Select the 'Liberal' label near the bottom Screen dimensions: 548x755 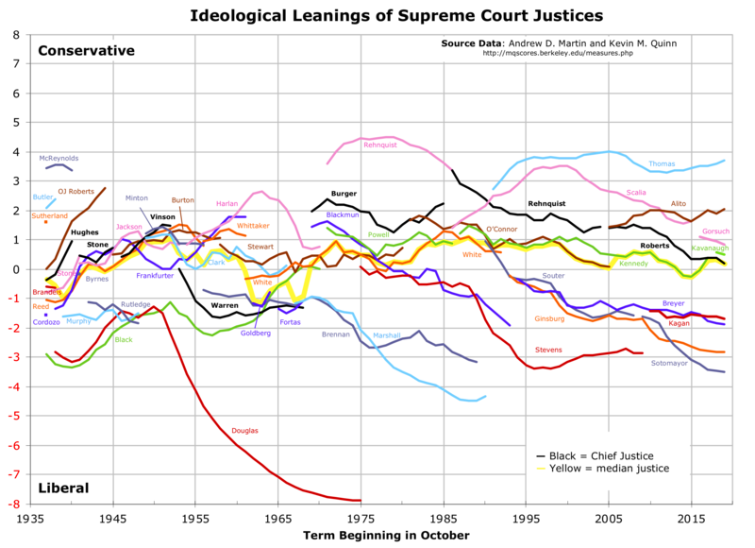[x=63, y=488]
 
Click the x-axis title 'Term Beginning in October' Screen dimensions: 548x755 [x=386, y=535]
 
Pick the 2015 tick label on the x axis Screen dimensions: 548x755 [x=692, y=518]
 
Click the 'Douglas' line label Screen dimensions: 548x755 [x=245, y=430]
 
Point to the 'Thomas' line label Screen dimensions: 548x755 [x=662, y=163]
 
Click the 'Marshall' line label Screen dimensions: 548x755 [x=387, y=335]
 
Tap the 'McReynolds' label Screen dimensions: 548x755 [x=59, y=158]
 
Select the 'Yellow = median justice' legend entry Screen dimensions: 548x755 [x=605, y=468]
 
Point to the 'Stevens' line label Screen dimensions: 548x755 [x=548, y=350]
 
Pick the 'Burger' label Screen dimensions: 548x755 [x=344, y=193]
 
